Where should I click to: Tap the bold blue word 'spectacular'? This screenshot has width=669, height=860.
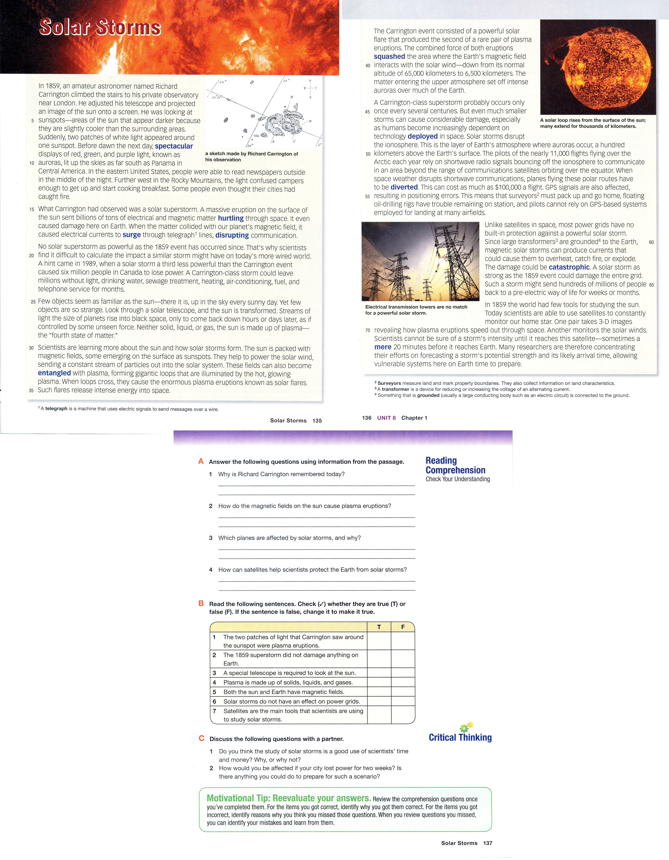pos(174,146)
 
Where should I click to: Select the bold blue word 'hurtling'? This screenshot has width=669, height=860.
pos(231,218)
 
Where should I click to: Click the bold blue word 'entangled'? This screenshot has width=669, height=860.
pos(54,373)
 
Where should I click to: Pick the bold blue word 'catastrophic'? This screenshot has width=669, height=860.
pos(569,267)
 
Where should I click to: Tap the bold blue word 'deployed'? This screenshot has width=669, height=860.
pos(423,136)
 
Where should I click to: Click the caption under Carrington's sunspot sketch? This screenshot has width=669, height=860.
pos(251,157)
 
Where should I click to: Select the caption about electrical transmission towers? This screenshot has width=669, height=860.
pos(416,310)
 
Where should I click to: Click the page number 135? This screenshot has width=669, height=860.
pos(317,421)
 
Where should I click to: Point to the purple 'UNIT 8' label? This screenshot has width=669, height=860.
pos(386,418)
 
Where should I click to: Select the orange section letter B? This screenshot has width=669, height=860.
pos(201,603)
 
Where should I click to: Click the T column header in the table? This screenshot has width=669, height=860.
pos(379,627)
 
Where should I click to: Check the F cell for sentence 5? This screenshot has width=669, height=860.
pos(403,692)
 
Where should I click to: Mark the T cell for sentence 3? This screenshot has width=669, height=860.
pos(379,673)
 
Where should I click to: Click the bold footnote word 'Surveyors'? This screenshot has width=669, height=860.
pos(389,383)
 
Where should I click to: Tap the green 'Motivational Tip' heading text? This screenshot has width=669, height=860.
pos(288,798)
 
